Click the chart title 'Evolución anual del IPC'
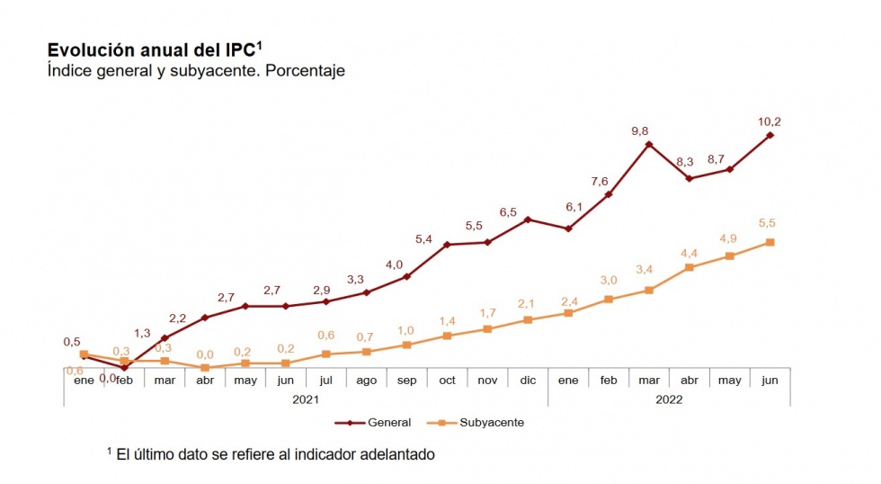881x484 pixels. pos(154,50)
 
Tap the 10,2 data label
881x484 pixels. pos(770,121)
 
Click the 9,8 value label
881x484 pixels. pos(640,130)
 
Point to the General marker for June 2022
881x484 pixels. pos(770,135)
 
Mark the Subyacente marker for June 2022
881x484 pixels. pos(770,242)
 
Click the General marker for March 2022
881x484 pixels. pos(649,144)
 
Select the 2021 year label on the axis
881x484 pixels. pos(306,399)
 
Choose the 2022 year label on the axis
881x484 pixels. pos(669,399)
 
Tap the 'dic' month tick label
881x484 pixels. pos(528,381)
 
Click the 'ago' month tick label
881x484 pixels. pos(366,381)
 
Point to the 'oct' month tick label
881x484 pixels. pos(447,381)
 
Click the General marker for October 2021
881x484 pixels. pos(447,245)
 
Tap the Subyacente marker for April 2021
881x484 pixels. pos(205,368)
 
